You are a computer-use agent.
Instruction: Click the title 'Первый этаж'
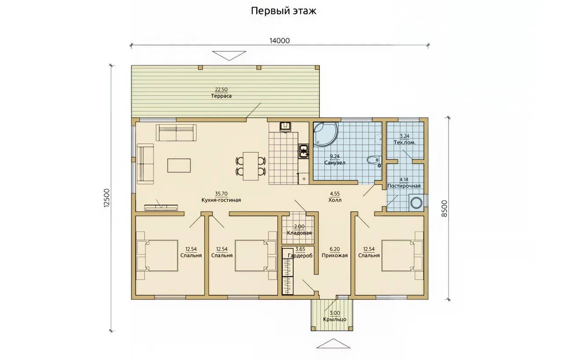284,11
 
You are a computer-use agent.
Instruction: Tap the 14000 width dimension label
279,41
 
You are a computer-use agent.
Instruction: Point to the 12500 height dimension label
107,198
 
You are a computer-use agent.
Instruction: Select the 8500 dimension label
445,208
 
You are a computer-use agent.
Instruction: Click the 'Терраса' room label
221,96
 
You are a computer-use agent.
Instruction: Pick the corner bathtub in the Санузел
326,135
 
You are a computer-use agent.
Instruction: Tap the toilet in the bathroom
374,160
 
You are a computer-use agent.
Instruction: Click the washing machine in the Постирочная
416,203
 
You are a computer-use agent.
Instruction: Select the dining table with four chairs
251,166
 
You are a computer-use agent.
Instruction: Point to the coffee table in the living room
179,165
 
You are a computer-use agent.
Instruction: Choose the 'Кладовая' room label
299,233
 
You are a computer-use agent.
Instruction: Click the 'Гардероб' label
300,256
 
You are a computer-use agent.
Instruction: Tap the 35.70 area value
221,194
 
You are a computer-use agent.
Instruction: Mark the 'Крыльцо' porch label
335,319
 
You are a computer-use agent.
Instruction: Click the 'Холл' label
335,200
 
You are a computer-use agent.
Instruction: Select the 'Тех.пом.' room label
405,142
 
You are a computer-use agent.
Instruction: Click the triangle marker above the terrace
229,56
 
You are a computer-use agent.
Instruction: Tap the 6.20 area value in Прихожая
335,249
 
